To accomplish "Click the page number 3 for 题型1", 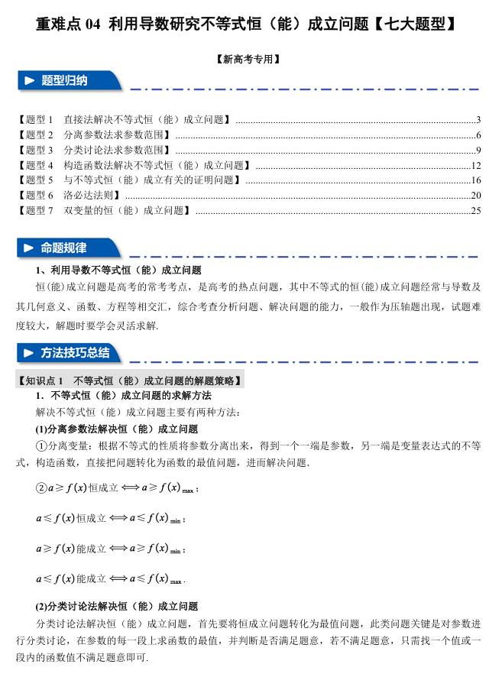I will tap(478, 120).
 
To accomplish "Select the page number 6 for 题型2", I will tap(478, 135).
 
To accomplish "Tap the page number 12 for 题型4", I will tap(475, 165).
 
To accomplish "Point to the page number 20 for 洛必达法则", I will tap(475, 196).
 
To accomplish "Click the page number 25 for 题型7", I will tap(475, 210).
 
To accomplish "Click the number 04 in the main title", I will tap(92, 25).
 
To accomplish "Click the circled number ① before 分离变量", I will tap(42, 446).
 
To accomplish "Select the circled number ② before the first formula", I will tap(41, 488).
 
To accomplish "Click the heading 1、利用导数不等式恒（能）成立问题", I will tap(118, 270).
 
